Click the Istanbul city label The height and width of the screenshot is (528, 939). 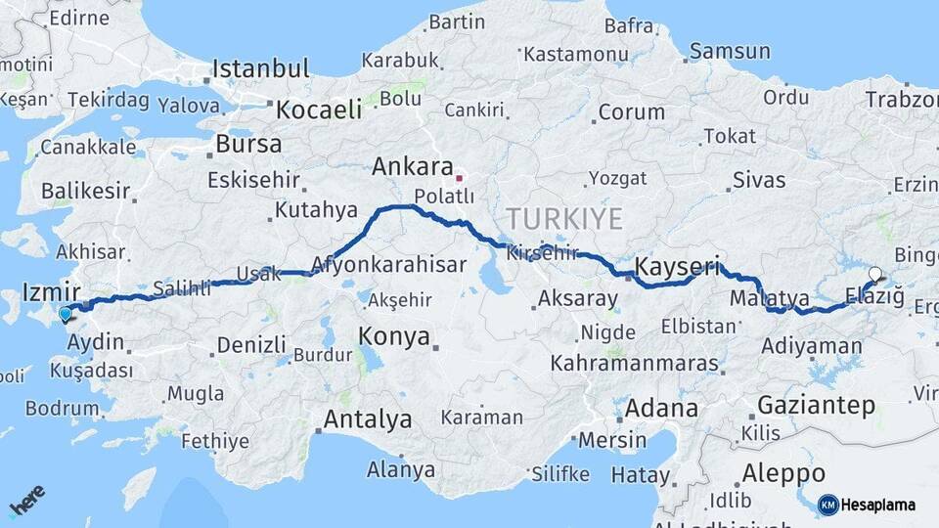coord(261,69)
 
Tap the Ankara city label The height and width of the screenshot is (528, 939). coord(413,166)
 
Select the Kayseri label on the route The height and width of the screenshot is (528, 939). coord(677,266)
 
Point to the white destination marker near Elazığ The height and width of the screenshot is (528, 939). coord(874,275)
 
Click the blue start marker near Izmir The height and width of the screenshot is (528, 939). coord(66,314)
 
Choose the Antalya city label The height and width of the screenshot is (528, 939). coord(368,419)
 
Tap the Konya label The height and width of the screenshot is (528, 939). coord(394,337)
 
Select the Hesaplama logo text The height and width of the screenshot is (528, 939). coord(879,505)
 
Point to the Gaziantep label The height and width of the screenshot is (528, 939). coord(816,405)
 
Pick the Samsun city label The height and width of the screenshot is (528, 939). coord(730,51)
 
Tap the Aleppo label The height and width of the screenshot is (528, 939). coord(783,473)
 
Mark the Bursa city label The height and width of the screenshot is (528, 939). coord(248,145)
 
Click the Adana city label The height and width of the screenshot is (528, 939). coord(662,408)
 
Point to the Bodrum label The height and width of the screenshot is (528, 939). coord(63,408)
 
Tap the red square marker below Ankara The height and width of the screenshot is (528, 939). coord(459,178)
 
